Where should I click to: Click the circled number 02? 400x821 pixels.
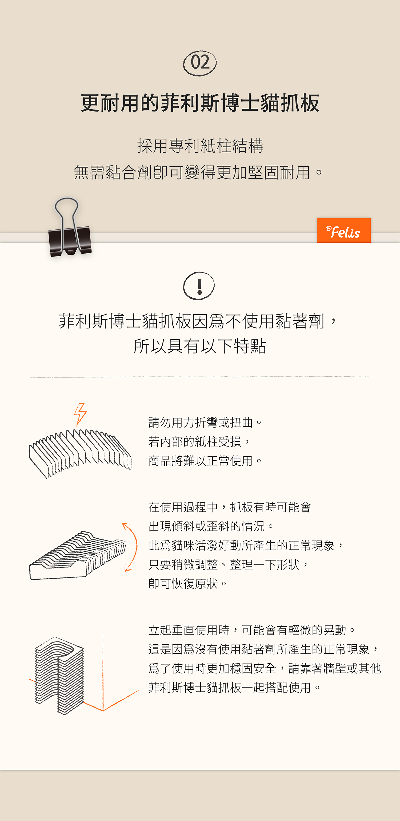pyautogui.click(x=200, y=63)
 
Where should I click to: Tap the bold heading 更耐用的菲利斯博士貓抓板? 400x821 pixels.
pyautogui.click(x=200, y=103)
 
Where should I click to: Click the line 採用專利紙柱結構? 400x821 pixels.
pyautogui.click(x=200, y=146)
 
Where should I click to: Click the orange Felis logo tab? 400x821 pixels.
pyautogui.click(x=343, y=230)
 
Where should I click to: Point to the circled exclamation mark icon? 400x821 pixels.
pyautogui.click(x=199, y=286)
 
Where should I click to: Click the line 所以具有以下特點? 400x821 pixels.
pyautogui.click(x=200, y=346)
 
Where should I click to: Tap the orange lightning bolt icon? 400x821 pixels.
pyautogui.click(x=80, y=414)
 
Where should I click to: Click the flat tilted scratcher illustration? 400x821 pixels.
pyautogui.click(x=78, y=555)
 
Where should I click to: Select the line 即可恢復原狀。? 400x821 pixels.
pyautogui.click(x=188, y=584)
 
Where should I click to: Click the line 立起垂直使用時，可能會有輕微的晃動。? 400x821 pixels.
pyautogui.click(x=252, y=630)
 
